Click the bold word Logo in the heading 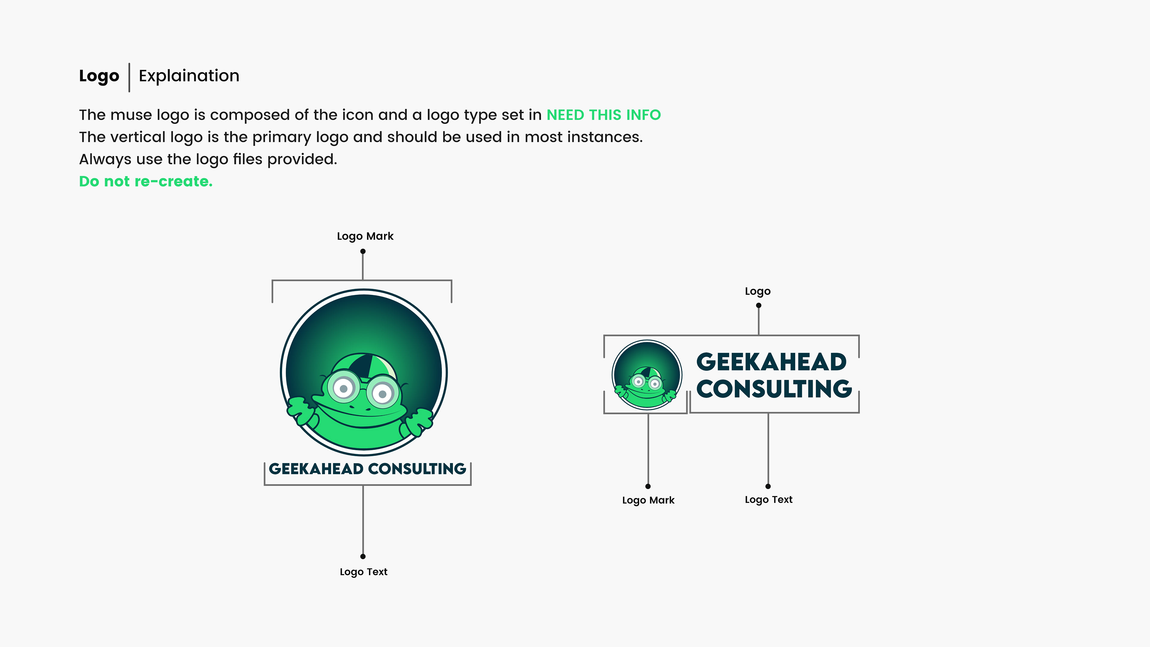(99, 76)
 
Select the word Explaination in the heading (189, 76)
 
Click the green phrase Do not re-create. (146, 181)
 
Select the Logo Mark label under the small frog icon (648, 500)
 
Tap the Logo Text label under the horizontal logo (768, 500)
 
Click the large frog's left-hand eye (343, 388)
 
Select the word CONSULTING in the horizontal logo (774, 389)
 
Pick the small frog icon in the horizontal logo (647, 375)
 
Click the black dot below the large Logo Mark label (363, 251)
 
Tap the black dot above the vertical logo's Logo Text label (363, 556)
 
